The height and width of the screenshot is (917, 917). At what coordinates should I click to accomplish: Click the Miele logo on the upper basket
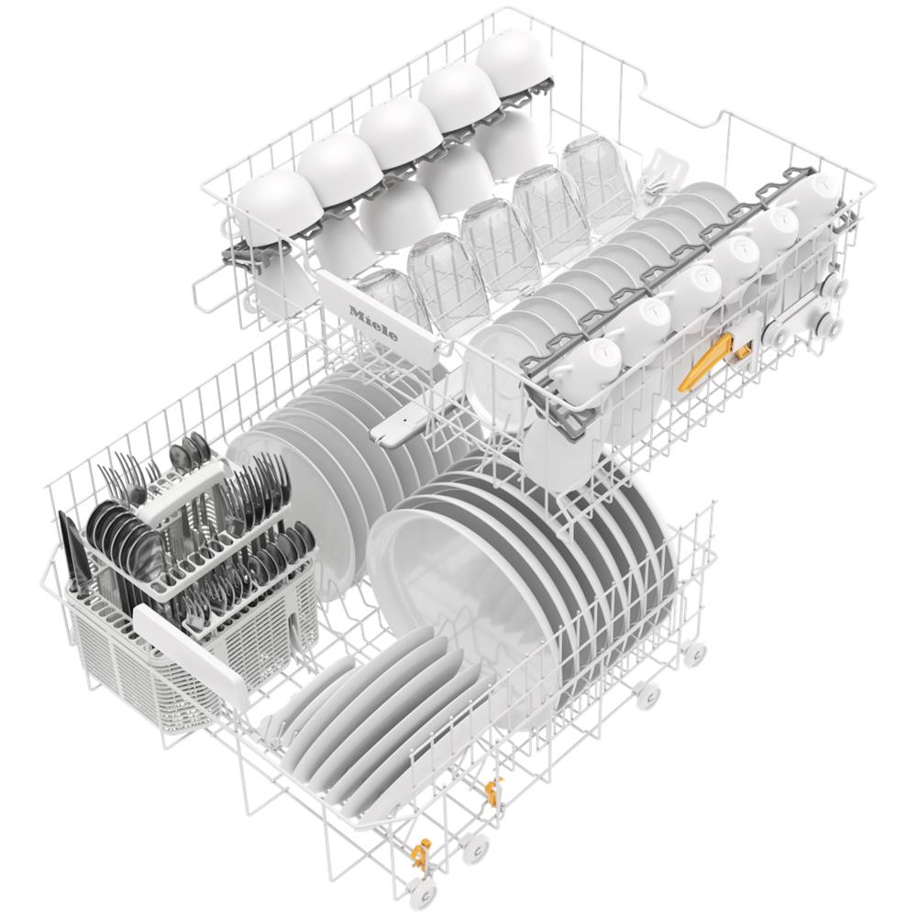(373, 322)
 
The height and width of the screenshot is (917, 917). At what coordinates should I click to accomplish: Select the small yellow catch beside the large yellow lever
(742, 352)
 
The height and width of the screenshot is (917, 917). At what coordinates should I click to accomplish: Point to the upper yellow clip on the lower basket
(494, 789)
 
